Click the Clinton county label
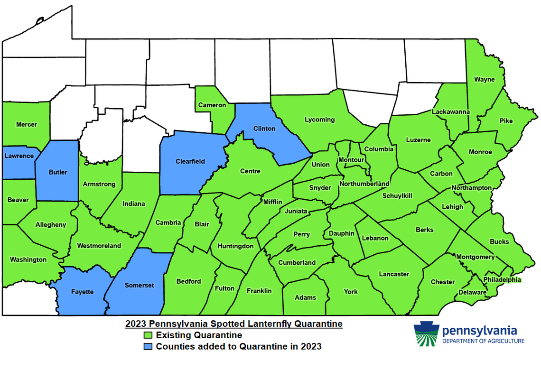[264, 129]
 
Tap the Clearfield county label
[190, 161]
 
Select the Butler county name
[58, 173]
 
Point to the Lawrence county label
[19, 156]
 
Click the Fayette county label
[82, 292]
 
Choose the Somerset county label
[139, 285]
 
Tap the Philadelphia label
[502, 279]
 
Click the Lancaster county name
[394, 274]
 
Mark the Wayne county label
[485, 79]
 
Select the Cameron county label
[212, 104]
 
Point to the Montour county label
[351, 160]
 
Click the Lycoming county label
[319, 120]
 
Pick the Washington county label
[28, 259]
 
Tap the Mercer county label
[26, 124]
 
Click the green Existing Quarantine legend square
[149, 335]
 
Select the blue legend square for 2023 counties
[149, 346]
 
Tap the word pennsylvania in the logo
[479, 331]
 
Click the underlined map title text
[234, 324]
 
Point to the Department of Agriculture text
[483, 341]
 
